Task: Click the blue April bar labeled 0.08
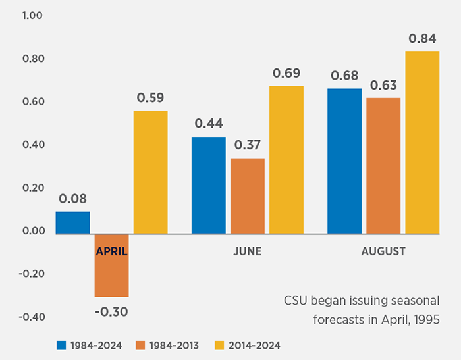click(x=72, y=222)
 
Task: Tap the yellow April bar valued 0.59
click(x=150, y=172)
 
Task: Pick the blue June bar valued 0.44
click(x=208, y=185)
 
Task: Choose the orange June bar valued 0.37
click(x=247, y=195)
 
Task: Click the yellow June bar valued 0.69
click(x=286, y=159)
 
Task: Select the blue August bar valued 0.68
click(x=344, y=161)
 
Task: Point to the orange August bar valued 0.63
click(x=383, y=166)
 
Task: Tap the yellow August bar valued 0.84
click(x=421, y=142)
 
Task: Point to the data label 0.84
click(x=421, y=38)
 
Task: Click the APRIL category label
click(x=111, y=251)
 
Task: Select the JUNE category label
click(x=247, y=251)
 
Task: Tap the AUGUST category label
click(x=383, y=251)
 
